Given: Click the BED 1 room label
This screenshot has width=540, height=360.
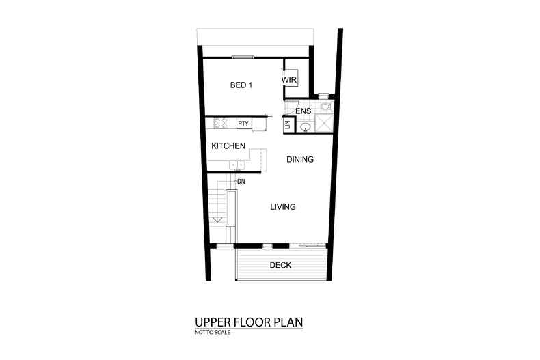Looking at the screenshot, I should point(241,85).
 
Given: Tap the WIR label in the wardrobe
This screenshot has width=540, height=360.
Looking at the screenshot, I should point(289,80).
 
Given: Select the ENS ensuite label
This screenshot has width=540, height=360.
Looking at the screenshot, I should point(303,111).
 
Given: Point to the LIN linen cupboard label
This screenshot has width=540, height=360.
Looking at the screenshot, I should point(288,125).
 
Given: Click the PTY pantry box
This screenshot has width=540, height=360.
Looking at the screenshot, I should point(243,124).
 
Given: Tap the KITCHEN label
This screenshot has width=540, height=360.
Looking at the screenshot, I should point(228,146).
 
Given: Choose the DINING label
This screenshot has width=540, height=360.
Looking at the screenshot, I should point(299,160).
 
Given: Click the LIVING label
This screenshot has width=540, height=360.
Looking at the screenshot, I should point(282,207).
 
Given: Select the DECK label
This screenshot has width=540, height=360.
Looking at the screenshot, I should point(280,265).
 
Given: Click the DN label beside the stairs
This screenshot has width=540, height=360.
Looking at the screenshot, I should point(241,182).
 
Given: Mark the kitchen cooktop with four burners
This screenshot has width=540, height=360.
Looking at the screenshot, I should point(221,124).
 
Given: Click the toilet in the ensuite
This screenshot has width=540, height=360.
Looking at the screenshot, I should point(325,107).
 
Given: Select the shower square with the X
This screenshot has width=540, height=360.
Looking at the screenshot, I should point(325,124).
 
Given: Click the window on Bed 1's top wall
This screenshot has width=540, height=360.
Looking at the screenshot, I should point(242,57).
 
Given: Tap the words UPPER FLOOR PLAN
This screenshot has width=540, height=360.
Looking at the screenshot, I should point(248,322).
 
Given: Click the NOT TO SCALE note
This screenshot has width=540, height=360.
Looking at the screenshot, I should point(213,333).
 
